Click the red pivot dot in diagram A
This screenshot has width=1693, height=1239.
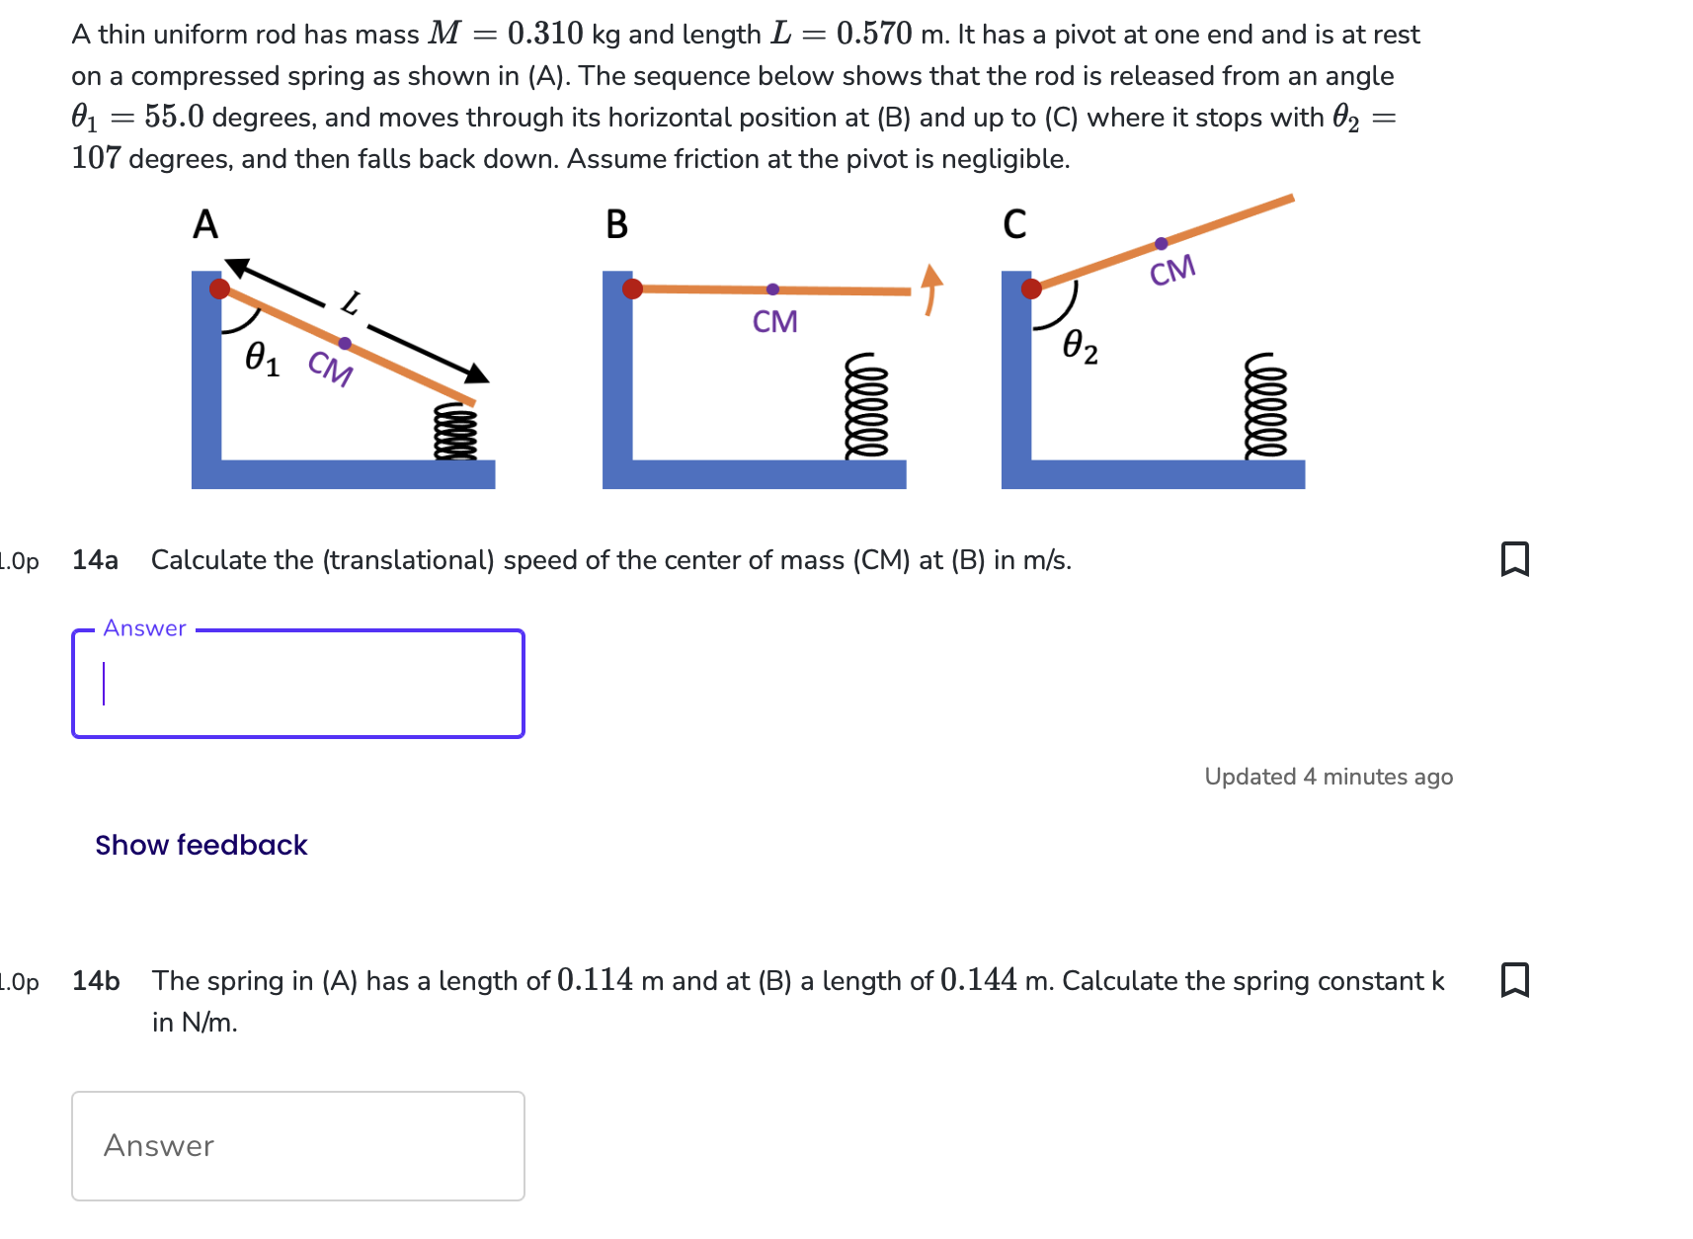point(220,289)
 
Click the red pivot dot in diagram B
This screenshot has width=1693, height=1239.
point(633,289)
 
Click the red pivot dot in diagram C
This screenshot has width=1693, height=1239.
point(1031,289)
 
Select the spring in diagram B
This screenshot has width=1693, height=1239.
point(866,406)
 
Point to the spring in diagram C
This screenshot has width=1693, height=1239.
point(1265,406)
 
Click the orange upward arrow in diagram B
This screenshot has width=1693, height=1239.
point(930,288)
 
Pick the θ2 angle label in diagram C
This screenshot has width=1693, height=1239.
point(1080,346)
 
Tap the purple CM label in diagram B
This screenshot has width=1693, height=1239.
point(774,322)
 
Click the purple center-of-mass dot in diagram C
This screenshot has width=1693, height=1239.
point(1162,243)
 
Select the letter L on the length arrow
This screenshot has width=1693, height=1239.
point(351,303)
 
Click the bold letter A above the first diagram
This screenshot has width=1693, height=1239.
point(205,225)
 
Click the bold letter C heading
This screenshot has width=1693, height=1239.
point(1014,225)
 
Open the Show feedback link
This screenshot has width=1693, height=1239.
point(202,845)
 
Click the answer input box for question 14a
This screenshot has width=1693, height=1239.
point(298,684)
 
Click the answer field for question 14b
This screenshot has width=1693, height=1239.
point(298,1146)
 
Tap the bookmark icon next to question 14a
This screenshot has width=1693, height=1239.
point(1514,559)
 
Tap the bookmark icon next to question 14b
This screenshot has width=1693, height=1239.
point(1514,980)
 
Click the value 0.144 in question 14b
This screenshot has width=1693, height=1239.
point(978,980)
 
